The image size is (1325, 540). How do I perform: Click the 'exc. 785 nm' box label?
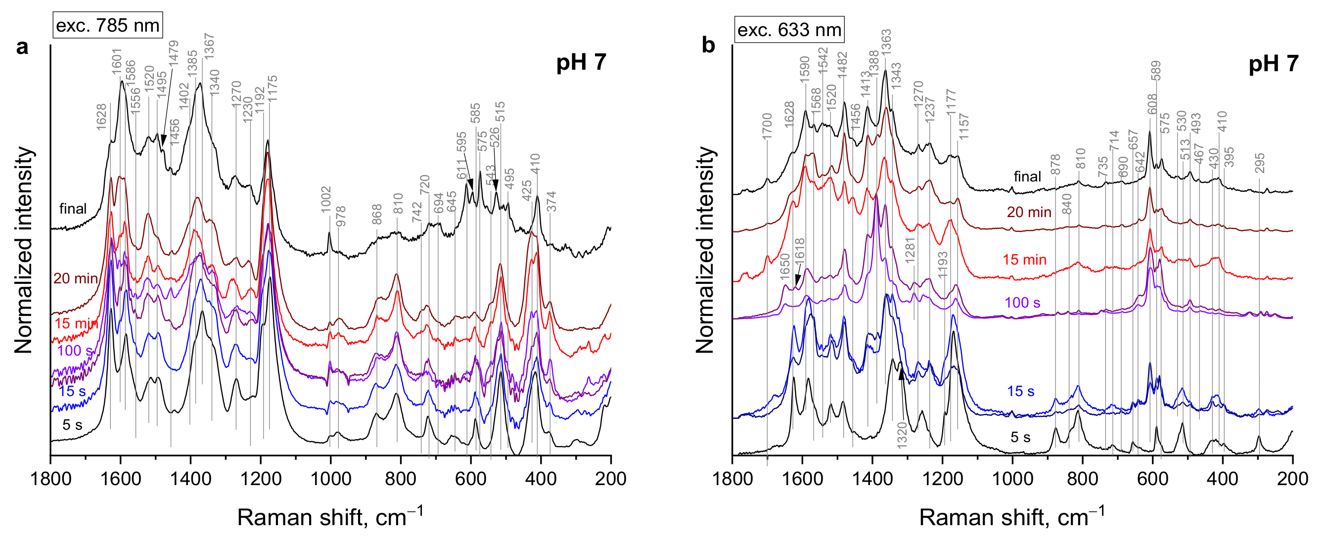click(x=107, y=25)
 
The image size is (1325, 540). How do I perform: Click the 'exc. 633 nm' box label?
click(x=789, y=30)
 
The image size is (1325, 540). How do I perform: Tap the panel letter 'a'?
click(x=22, y=47)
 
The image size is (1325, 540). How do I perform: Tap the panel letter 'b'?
click(x=708, y=46)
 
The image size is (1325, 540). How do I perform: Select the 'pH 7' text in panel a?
click(x=581, y=63)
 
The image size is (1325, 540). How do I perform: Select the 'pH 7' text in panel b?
click(x=1273, y=64)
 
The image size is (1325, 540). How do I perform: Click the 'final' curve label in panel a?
click(x=73, y=209)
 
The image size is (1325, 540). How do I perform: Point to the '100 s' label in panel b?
click(x=1022, y=303)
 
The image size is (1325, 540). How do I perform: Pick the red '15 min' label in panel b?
click(x=1024, y=260)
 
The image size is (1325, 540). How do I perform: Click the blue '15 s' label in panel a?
click(x=72, y=391)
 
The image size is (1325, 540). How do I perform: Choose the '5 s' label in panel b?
click(x=1020, y=437)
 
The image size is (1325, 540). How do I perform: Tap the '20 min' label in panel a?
click(x=75, y=279)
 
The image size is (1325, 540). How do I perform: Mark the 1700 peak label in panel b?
click(x=767, y=127)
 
